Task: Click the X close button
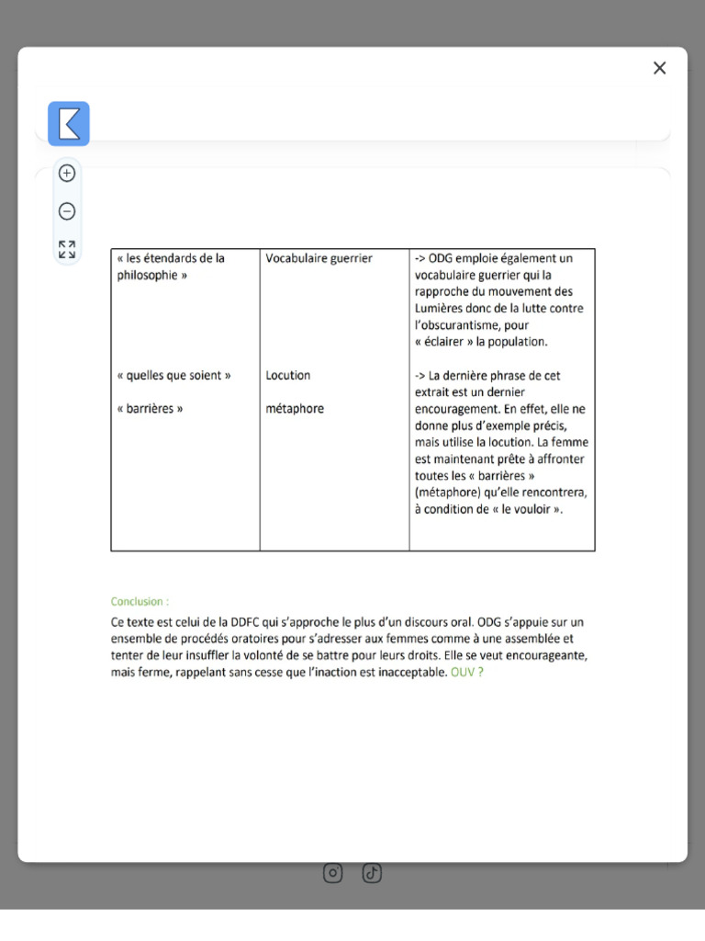pos(659,68)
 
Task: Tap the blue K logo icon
pos(69,123)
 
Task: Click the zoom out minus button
pos(67,211)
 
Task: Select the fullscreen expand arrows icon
pos(67,249)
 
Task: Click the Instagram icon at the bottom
pos(333,873)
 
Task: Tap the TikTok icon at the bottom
pos(372,873)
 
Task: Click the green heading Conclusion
pos(140,602)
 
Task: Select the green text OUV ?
pos(467,673)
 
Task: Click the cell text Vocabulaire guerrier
pos(319,259)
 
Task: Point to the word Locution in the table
pos(288,376)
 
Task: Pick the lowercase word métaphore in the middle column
pos(295,409)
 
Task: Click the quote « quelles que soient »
pos(173,376)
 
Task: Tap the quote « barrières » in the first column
pos(150,409)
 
